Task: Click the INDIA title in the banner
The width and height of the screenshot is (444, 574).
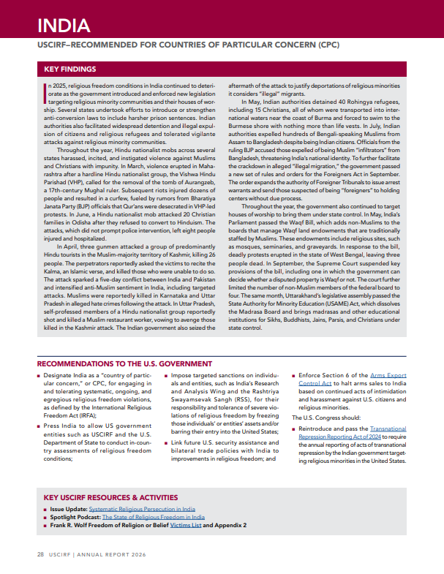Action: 64,26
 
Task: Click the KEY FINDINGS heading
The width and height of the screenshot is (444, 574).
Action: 70,69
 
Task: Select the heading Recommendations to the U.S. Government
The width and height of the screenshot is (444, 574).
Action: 124,363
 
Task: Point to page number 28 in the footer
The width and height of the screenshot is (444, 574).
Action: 41,554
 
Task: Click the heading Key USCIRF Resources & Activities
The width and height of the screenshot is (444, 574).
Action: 110,497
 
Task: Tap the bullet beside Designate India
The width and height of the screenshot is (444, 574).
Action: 39,375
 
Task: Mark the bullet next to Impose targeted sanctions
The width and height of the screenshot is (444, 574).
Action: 165,375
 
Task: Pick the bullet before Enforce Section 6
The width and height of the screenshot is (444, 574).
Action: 294,375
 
